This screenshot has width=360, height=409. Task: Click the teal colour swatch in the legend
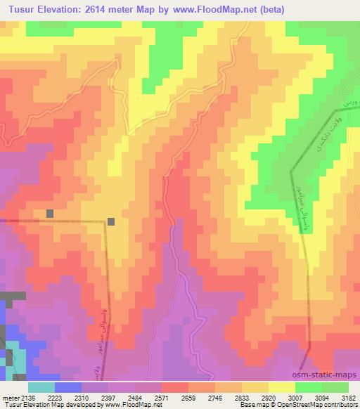click(x=41, y=387)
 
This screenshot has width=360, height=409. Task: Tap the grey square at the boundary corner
click(x=111, y=221)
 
